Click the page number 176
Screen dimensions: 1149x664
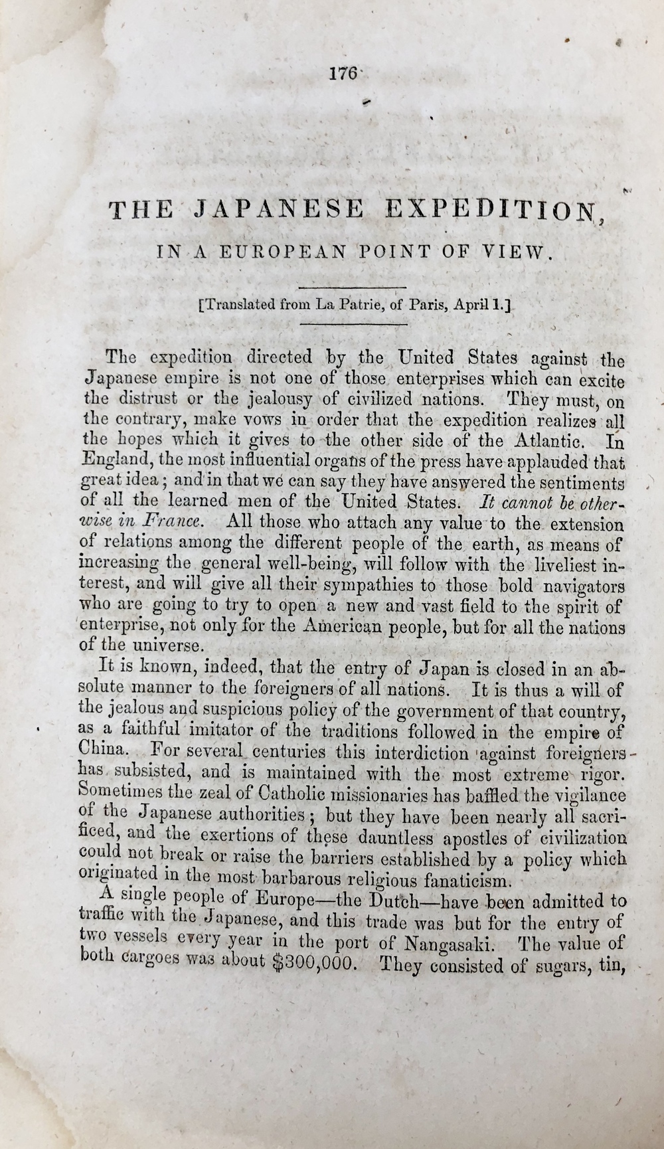(x=343, y=74)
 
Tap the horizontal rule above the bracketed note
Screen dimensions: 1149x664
(x=352, y=287)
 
